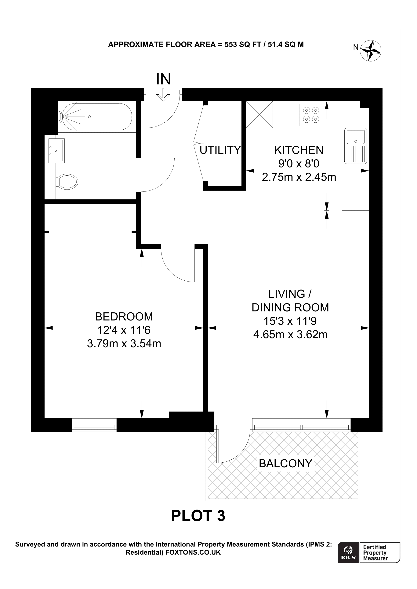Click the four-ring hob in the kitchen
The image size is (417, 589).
(x=311, y=115)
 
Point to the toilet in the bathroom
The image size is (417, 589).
(x=67, y=182)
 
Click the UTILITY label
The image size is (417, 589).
(x=220, y=150)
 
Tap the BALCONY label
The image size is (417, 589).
(x=285, y=464)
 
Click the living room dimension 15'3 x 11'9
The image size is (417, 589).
(x=290, y=321)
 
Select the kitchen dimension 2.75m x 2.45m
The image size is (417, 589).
(x=299, y=177)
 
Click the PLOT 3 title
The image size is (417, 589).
(x=198, y=516)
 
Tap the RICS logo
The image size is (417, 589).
(x=348, y=552)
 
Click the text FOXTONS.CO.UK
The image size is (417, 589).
(x=193, y=552)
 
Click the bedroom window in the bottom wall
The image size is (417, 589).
(x=94, y=427)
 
